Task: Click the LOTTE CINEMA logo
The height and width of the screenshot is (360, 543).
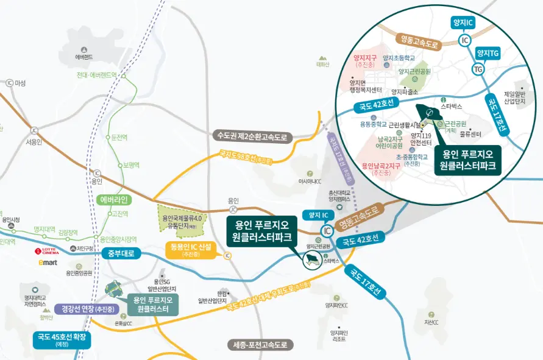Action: coord(47,251)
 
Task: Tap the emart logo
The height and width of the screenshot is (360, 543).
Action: coord(48,263)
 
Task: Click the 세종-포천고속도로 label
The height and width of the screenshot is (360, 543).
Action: coord(260,345)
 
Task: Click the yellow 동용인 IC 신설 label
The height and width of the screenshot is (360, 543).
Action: coord(191,250)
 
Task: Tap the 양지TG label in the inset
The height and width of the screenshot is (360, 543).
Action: coord(488,54)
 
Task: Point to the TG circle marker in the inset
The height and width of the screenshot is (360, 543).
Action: coord(478,69)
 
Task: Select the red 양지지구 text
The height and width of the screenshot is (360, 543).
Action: coord(366,58)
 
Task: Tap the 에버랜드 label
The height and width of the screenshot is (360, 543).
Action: coord(83,57)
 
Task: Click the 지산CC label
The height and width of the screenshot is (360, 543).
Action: coord(431,322)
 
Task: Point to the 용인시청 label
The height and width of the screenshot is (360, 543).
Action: coord(12,219)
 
